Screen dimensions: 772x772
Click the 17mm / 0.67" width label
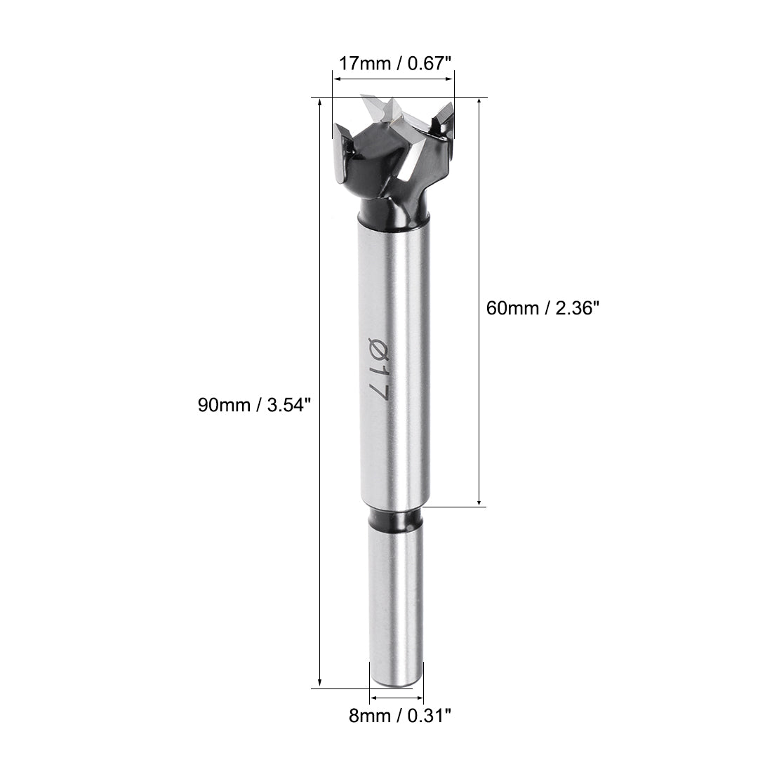pyautogui.click(x=392, y=64)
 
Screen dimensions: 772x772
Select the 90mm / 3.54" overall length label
pyautogui.click(x=253, y=405)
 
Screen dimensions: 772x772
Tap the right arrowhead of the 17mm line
pyautogui.click(x=451, y=79)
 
